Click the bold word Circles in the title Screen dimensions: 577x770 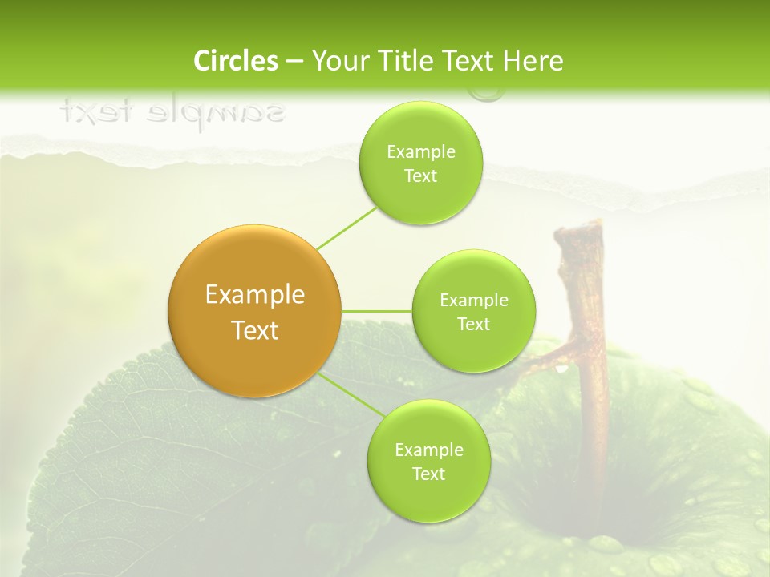[236, 61]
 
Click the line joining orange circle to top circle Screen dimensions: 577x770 [346, 227]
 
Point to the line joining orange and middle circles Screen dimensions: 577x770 [376, 310]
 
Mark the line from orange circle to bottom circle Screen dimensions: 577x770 [350, 395]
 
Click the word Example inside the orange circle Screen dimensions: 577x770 [254, 295]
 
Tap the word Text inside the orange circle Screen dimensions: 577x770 [254, 330]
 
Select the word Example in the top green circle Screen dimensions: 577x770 [420, 152]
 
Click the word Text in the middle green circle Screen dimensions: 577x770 [473, 324]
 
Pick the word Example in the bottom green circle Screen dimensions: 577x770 [428, 450]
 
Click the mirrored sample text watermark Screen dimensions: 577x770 [172, 112]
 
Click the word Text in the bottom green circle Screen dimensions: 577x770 [428, 474]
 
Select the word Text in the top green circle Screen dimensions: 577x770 [420, 176]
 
